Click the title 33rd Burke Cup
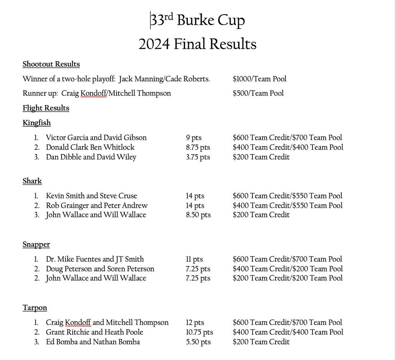click(x=197, y=20)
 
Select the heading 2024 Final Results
click(x=197, y=44)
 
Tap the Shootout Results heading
click(x=51, y=64)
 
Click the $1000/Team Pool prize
click(x=259, y=79)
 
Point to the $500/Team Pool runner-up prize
click(x=258, y=93)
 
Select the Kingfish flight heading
click(x=37, y=123)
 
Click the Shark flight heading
click(x=32, y=181)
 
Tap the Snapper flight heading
click(x=36, y=244)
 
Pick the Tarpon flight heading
click(x=35, y=308)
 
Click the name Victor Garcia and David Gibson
click(x=96, y=137)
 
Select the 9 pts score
click(x=194, y=137)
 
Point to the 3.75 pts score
click(x=198, y=157)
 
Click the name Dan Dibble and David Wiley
click(x=91, y=157)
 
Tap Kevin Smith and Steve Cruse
click(x=91, y=196)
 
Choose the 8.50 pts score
click(x=198, y=215)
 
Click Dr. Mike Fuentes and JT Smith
click(x=95, y=259)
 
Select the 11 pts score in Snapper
click(x=194, y=260)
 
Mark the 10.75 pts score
click(x=199, y=332)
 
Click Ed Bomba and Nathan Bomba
click(x=93, y=342)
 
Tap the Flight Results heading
click(x=46, y=108)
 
